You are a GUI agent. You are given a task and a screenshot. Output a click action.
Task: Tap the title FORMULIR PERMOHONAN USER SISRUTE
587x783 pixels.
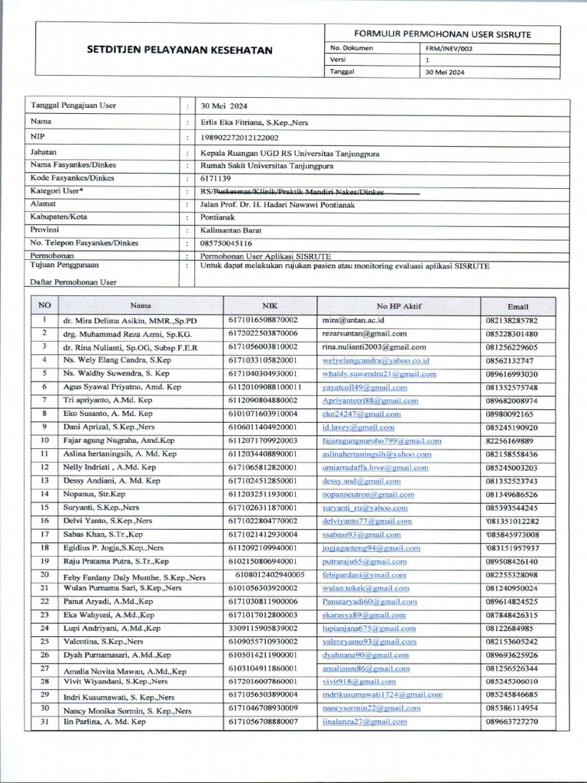[x=442, y=34]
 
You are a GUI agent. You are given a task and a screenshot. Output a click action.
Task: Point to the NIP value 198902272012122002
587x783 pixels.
[x=239, y=138]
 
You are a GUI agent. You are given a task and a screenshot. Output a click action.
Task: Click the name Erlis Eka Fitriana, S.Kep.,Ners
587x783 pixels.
[x=255, y=122]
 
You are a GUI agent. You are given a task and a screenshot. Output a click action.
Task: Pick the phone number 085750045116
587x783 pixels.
[x=225, y=243]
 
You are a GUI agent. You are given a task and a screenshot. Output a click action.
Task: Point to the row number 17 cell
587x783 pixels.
[x=45, y=534]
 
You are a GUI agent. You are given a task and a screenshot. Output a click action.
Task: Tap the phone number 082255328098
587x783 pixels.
[x=511, y=575]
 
